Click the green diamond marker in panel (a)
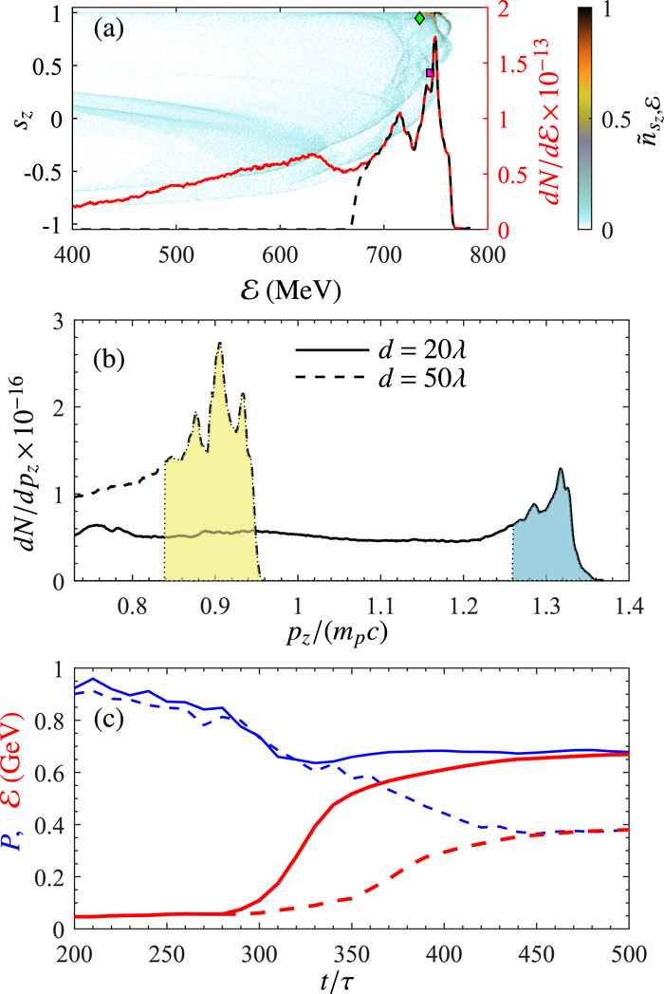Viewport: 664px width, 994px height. click(420, 18)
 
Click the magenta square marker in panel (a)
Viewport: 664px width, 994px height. click(430, 73)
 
